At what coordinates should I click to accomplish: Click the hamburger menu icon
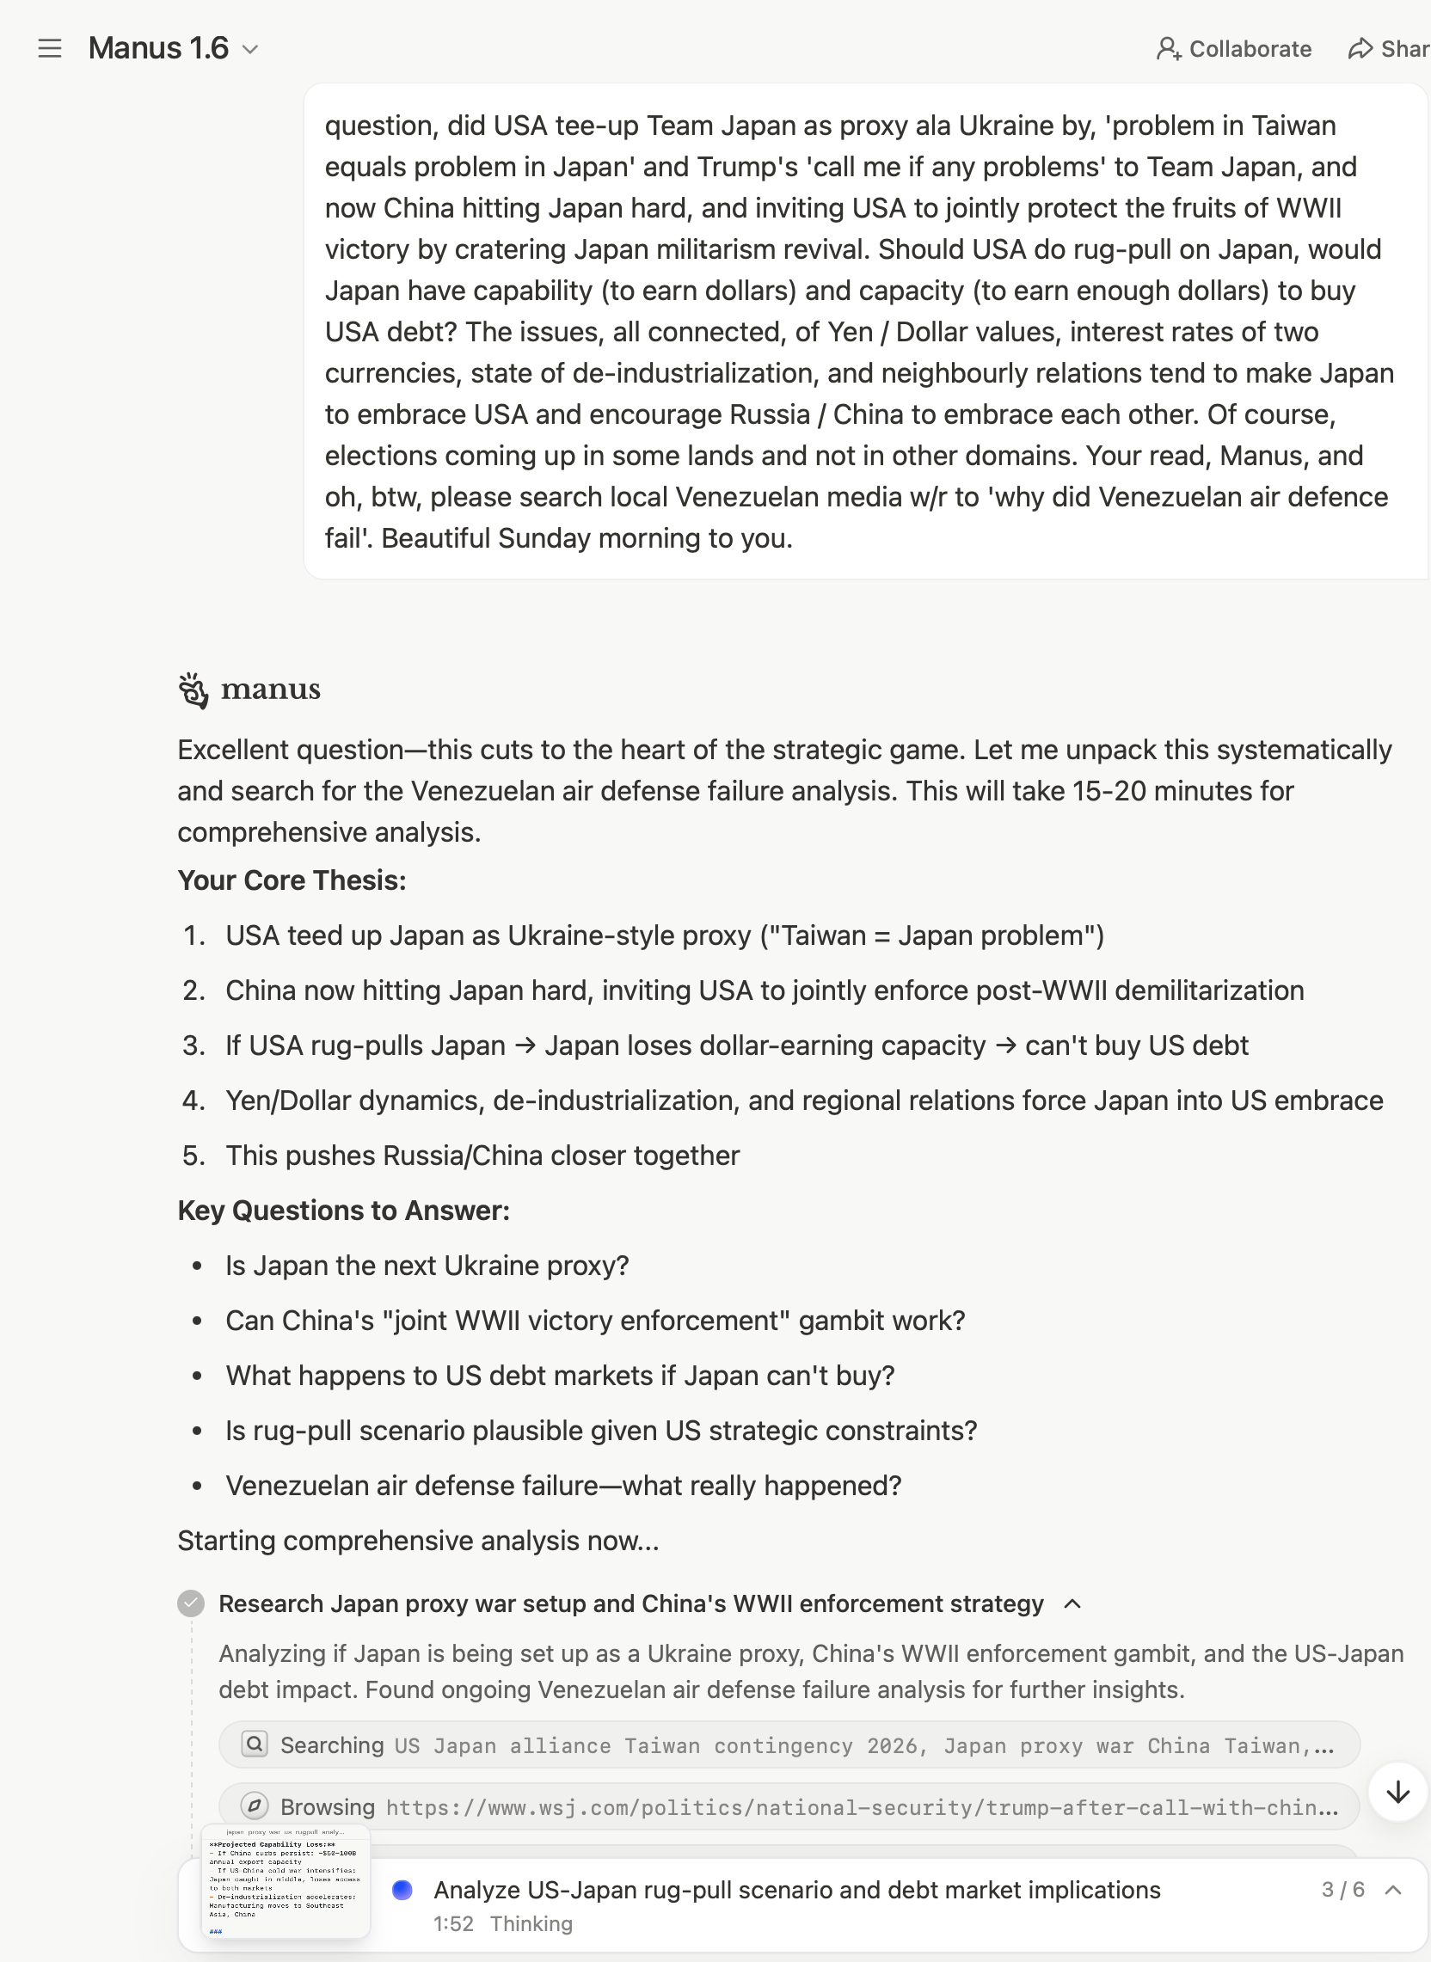50,48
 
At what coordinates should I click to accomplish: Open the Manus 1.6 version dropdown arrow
250,49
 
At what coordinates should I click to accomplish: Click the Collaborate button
1233,48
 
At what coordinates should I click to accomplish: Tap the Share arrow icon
1360,48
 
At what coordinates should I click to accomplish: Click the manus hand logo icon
193,690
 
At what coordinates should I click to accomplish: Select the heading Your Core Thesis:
292,880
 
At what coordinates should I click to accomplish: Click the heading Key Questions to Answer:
344,1210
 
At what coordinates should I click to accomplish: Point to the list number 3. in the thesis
194,1045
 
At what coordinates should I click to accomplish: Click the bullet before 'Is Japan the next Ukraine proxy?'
198,1266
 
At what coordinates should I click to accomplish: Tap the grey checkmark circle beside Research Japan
191,1603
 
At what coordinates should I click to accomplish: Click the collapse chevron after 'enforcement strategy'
1072,1603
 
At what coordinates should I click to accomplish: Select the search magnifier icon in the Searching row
255,1744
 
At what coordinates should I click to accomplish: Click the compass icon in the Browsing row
255,1806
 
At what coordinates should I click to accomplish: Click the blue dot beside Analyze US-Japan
402,1889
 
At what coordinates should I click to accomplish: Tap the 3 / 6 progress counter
1342,1889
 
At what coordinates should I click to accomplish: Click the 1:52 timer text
454,1924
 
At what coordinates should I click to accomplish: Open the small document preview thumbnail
285,1880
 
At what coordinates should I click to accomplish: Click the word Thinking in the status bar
531,1924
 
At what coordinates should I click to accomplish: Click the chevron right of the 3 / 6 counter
1393,1889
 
